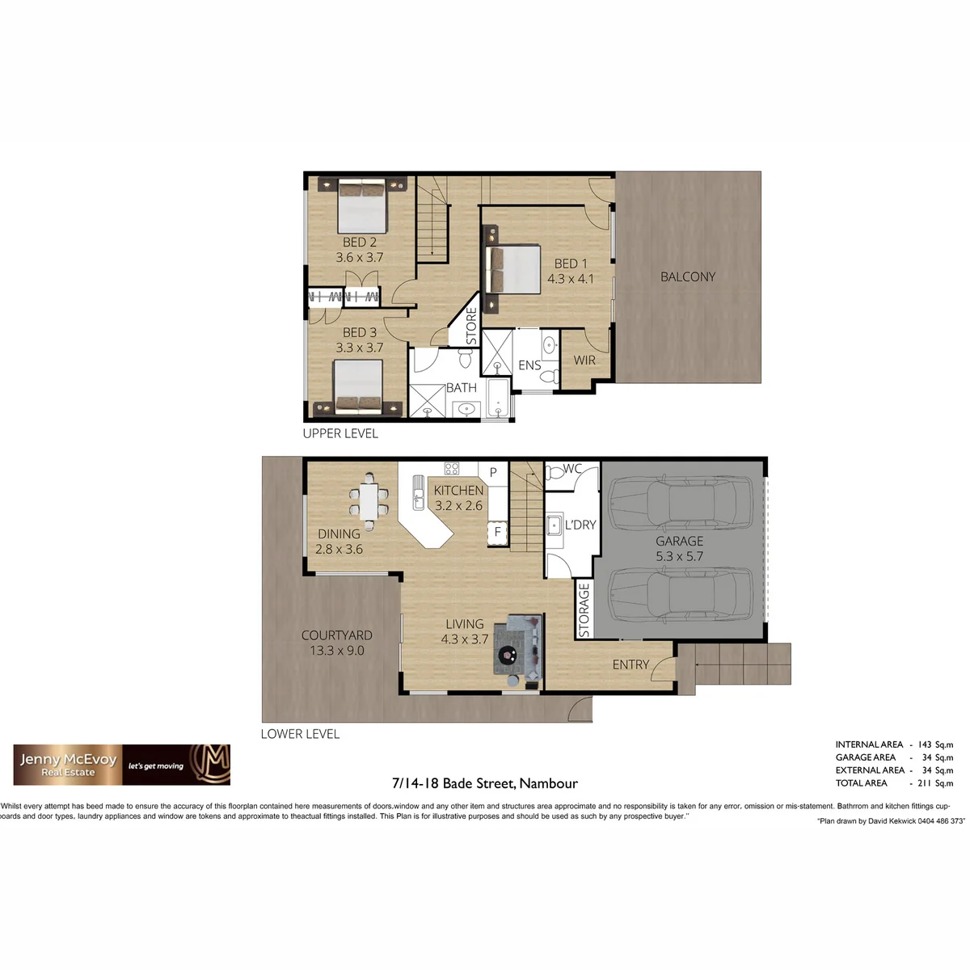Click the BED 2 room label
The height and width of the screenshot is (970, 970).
[x=360, y=242]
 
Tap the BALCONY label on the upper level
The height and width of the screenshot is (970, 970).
[x=688, y=277]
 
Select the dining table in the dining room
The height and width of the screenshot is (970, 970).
[x=369, y=501]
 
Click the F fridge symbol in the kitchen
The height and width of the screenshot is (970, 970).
[x=497, y=532]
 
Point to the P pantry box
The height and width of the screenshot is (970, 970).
[x=493, y=473]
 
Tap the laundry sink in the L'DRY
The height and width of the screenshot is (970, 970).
[x=555, y=525]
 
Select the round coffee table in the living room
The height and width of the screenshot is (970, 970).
[x=507, y=655]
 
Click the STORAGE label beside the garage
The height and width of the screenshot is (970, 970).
[x=584, y=610]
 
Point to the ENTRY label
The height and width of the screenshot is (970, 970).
[x=630, y=665]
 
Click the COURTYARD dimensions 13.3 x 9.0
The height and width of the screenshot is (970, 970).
[x=337, y=651]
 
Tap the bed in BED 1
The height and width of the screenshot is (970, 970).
[x=512, y=269]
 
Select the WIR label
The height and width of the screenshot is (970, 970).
[x=584, y=361]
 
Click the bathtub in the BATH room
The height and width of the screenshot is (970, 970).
[x=498, y=399]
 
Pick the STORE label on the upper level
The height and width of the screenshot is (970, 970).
[x=471, y=327]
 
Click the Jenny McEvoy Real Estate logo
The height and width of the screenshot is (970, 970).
[x=122, y=765]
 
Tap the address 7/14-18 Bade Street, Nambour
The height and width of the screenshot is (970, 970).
[x=485, y=783]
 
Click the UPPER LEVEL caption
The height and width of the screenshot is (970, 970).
[x=340, y=433]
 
